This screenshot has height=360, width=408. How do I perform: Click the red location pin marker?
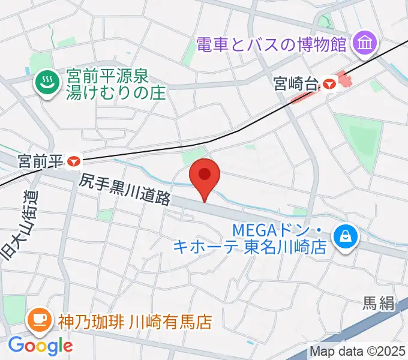coord(205,176)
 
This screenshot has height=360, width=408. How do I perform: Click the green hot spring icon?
coord(45,82)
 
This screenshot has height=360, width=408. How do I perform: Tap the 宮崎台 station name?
coord(295,83)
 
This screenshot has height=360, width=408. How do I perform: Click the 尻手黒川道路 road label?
coord(126,190)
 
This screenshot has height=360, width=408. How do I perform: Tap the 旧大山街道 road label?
coord(19,226)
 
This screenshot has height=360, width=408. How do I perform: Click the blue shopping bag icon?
coord(347,236)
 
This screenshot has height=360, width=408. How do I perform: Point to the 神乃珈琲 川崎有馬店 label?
coord(135,322)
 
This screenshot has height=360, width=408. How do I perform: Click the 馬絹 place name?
coord(379,304)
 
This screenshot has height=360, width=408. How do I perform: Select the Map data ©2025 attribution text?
coord(358,352)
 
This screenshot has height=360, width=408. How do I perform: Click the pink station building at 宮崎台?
coord(344,79)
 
